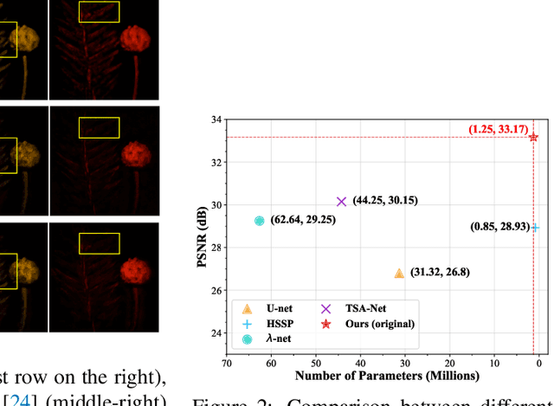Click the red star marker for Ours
533,137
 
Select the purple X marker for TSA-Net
341,201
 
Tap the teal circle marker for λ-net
259,221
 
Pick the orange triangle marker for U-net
399,274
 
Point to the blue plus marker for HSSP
535,228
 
